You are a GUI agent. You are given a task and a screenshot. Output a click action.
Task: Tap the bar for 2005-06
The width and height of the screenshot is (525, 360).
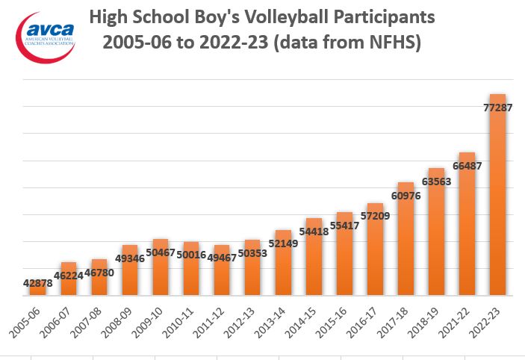[38, 288]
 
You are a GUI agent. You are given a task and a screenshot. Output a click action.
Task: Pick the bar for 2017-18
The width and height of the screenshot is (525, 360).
[406, 238]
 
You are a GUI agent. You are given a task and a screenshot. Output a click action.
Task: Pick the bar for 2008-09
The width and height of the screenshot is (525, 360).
[130, 270]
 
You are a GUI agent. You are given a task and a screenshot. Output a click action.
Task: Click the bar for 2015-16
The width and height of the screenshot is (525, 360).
[344, 253]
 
